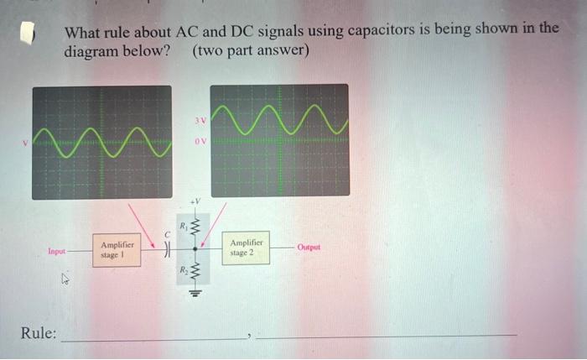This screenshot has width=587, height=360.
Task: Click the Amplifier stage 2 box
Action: [x=247, y=248]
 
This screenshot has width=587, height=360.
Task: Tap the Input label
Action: [x=57, y=251]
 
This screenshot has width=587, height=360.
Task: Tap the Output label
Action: [x=308, y=248]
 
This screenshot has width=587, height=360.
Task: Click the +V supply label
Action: [x=197, y=201]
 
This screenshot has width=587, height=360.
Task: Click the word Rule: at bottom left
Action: [x=39, y=333]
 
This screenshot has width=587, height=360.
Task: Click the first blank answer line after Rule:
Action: [x=155, y=337]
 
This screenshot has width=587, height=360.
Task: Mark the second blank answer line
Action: [x=386, y=336]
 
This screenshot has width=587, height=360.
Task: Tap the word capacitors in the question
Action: [x=382, y=31]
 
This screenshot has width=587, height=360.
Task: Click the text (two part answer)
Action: [x=251, y=50]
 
